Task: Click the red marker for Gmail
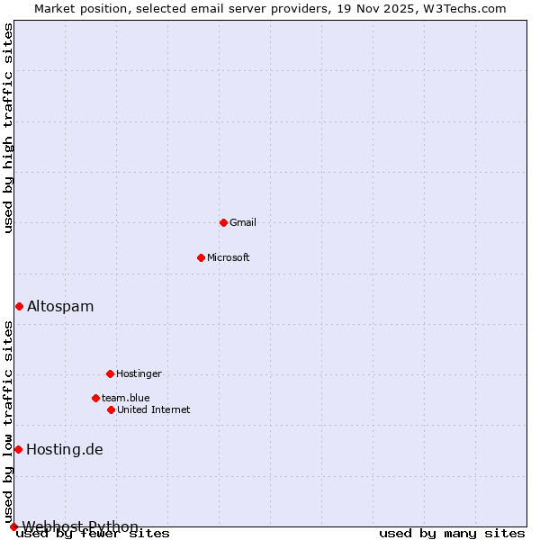click(223, 222)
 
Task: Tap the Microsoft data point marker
click(201, 257)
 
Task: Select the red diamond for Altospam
click(19, 306)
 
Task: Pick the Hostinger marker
click(110, 373)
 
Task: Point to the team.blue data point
click(95, 398)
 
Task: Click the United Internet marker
click(111, 409)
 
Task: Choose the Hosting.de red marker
click(18, 449)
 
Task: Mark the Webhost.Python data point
click(13, 526)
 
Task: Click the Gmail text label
click(243, 222)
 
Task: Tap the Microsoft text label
click(229, 257)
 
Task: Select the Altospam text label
click(60, 306)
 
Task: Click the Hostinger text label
click(139, 373)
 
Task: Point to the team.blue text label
click(126, 398)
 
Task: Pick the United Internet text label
click(154, 409)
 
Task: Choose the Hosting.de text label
click(65, 449)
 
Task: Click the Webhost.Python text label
click(80, 526)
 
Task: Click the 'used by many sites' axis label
click(452, 534)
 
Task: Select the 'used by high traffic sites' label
click(8, 128)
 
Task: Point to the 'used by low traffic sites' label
click(8, 421)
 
